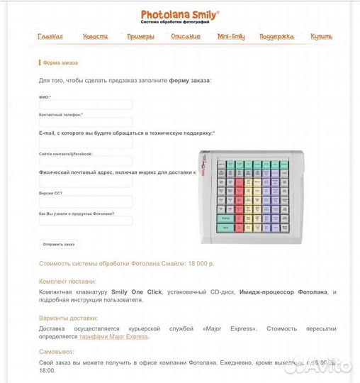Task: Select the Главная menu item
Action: [50, 37]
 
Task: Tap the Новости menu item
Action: [95, 37]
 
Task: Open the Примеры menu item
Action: [140, 37]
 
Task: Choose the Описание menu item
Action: [186, 37]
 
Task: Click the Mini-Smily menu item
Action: [231, 37]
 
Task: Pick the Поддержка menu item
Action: [276, 37]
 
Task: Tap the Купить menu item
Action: [321, 37]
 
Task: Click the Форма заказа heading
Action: [61, 63]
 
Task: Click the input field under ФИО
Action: [85, 105]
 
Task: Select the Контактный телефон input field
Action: [85, 122]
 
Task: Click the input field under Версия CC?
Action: [85, 201]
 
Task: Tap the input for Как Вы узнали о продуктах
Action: [85, 221]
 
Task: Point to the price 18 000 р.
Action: [201, 264]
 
